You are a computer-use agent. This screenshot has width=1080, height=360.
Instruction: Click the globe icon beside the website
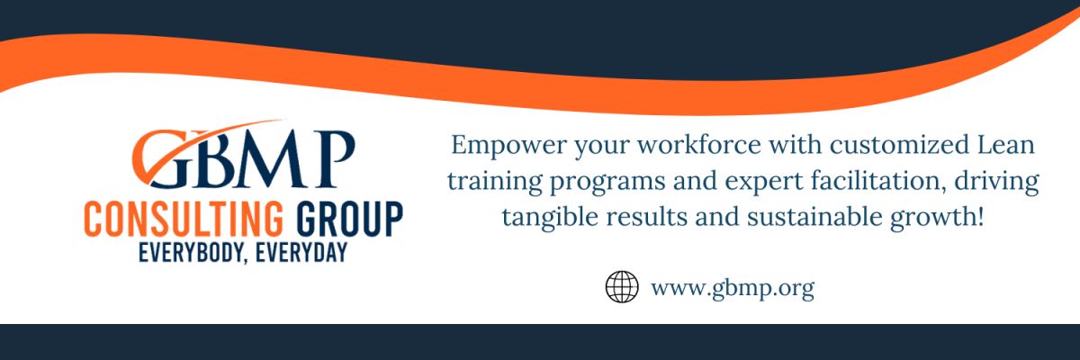(x=622, y=287)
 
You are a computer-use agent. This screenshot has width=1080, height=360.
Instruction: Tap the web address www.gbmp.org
(x=733, y=289)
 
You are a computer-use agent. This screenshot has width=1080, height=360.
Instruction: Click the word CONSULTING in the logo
(x=184, y=220)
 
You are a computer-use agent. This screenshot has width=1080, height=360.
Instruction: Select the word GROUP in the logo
(x=349, y=220)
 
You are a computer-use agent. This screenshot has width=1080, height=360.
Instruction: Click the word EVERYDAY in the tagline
(x=301, y=253)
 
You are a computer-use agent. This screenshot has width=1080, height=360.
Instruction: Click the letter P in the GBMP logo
(x=334, y=158)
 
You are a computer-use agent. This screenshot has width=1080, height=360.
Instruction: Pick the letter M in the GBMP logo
(x=271, y=158)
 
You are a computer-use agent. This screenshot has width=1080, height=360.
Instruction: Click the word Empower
(x=508, y=146)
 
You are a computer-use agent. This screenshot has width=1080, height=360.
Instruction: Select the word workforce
(x=699, y=145)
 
